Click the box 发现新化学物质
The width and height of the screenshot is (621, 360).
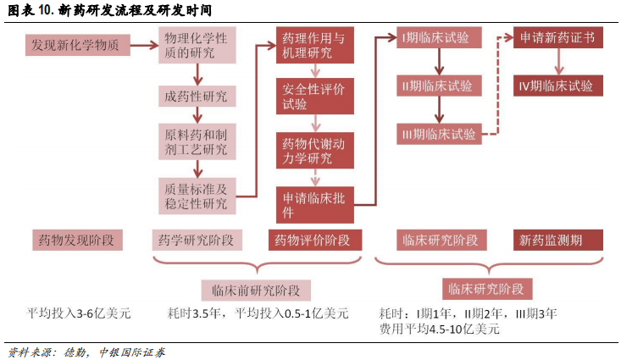(80, 45)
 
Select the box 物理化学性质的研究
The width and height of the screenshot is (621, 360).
(197, 46)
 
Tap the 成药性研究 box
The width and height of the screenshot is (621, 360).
(197, 97)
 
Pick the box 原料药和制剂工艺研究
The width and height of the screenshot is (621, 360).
(197, 142)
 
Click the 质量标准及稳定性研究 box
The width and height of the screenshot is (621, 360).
(197, 196)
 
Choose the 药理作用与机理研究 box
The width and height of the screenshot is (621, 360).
(314, 46)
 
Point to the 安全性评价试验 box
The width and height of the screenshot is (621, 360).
(314, 97)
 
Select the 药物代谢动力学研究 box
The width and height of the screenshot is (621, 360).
(314, 150)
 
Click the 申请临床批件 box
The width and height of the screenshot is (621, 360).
(314, 204)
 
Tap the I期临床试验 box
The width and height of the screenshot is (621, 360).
(438, 37)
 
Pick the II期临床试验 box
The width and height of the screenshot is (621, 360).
(438, 86)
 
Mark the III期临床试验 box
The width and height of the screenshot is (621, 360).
(438, 133)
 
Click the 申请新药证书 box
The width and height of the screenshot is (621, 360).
(557, 37)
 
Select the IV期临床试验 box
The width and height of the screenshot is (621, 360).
(557, 86)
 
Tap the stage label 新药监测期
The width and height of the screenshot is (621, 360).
(557, 241)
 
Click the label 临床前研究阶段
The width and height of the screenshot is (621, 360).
(255, 289)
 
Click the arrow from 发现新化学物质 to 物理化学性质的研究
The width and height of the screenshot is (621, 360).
(144, 44)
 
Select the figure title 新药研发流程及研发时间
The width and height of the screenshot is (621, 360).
(136, 10)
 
